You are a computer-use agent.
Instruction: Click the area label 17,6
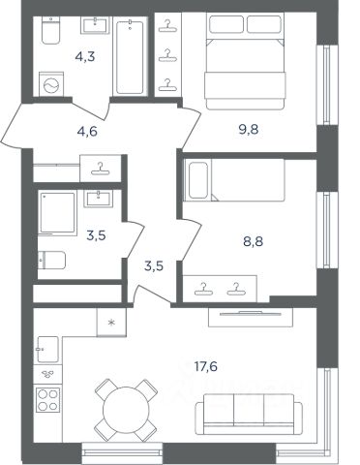206,366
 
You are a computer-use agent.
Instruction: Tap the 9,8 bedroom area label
248,130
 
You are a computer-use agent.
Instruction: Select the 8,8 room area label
253,241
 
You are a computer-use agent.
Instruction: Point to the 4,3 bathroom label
85,57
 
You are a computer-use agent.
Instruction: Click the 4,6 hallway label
87,132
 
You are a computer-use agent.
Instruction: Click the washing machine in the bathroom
51,84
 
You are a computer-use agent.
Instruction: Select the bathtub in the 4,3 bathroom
130,57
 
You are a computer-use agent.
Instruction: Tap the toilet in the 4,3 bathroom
51,30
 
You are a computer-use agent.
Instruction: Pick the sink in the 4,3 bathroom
95,25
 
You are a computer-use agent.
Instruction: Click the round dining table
126,411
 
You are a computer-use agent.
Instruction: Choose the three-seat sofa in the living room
249,415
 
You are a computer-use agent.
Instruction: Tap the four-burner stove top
47,400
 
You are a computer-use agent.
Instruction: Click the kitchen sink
47,349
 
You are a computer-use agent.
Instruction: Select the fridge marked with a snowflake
111,322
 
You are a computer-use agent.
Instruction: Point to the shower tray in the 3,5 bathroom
58,213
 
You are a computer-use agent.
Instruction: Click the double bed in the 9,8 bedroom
246,61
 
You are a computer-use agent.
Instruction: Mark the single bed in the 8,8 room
234,180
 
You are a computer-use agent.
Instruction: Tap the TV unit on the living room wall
251,317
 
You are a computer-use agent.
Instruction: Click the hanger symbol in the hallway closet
101,169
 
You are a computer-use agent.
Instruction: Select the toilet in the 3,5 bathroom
51,261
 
